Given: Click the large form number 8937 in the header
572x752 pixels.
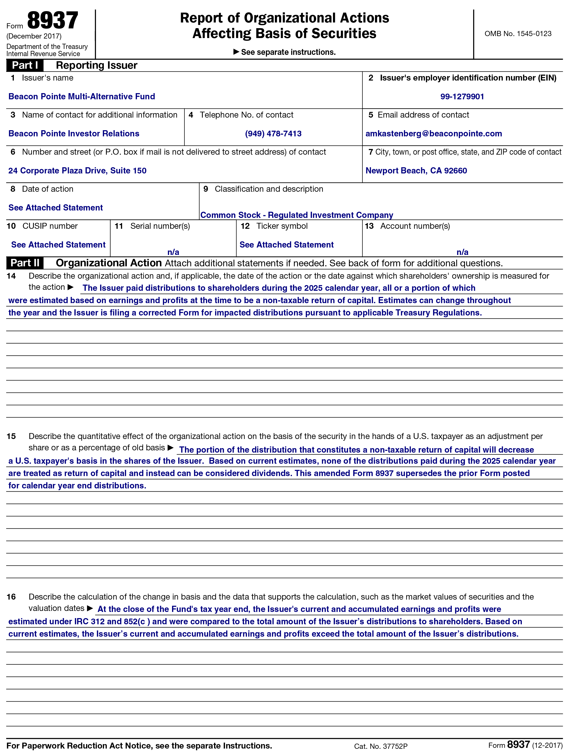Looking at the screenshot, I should click(52, 21).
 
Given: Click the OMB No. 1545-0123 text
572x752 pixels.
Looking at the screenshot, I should click(518, 34).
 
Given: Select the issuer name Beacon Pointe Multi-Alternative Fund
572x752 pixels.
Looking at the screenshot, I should click(82, 97).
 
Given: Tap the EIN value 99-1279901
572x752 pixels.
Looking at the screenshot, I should click(462, 97).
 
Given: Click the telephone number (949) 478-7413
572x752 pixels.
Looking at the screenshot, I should click(273, 134).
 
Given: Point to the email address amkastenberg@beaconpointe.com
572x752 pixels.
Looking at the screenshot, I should click(433, 134).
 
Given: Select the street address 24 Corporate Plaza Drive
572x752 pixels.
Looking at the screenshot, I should click(77, 171).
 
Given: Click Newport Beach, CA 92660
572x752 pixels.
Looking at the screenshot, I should click(416, 171).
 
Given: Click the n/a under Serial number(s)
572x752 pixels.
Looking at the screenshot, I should click(173, 252).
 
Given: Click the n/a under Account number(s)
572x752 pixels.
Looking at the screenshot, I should click(462, 252).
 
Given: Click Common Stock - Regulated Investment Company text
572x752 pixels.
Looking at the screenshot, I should click(297, 215).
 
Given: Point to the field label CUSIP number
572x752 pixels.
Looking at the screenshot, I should click(50, 226).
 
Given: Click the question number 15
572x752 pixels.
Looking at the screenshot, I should click(11, 436).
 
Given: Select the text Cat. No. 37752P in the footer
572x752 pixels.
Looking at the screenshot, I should click(380, 746).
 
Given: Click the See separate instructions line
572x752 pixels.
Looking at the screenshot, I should click(285, 52).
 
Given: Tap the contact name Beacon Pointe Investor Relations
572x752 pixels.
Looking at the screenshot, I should click(74, 134).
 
